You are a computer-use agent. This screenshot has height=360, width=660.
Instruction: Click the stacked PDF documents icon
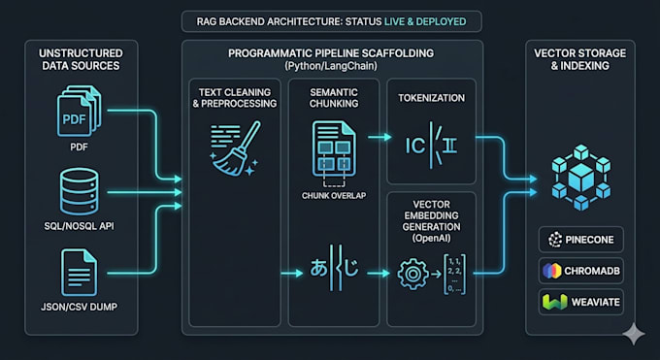pyautogui.click(x=80, y=112)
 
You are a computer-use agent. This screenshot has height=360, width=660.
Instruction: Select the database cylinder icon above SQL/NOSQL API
pyautogui.click(x=80, y=191)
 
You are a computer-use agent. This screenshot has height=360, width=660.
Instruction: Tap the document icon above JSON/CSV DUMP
pyautogui.click(x=80, y=273)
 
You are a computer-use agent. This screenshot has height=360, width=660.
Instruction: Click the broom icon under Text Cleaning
pyautogui.click(x=235, y=148)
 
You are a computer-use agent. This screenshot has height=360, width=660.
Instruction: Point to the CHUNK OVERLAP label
pyautogui.click(x=334, y=196)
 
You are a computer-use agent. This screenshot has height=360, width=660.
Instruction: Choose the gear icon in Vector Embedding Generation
pyautogui.click(x=412, y=274)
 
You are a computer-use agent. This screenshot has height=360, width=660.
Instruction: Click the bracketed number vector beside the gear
pyautogui.click(x=454, y=274)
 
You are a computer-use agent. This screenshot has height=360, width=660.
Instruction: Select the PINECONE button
pyautogui.click(x=580, y=240)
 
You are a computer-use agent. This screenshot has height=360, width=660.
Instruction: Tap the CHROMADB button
pyautogui.click(x=580, y=271)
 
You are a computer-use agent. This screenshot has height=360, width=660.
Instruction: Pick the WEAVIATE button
pyautogui.click(x=580, y=302)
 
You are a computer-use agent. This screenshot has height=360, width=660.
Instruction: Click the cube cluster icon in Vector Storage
pyautogui.click(x=580, y=178)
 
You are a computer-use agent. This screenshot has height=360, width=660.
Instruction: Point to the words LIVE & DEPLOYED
pyautogui.click(x=425, y=21)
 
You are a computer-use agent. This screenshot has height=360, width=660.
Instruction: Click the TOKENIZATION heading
pyautogui.click(x=432, y=98)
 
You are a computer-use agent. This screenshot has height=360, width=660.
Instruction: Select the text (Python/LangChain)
pyautogui.click(x=331, y=66)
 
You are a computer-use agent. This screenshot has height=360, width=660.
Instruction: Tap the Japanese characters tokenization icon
pyautogui.click(x=334, y=268)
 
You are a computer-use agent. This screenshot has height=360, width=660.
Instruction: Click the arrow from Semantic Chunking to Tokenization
pyautogui.click(x=379, y=137)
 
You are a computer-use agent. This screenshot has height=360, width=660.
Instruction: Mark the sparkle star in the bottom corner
pyautogui.click(x=634, y=335)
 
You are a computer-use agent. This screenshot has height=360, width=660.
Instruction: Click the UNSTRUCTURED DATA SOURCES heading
pyautogui.click(x=81, y=59)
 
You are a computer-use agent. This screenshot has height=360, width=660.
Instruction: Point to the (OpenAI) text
pyautogui.click(x=432, y=239)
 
